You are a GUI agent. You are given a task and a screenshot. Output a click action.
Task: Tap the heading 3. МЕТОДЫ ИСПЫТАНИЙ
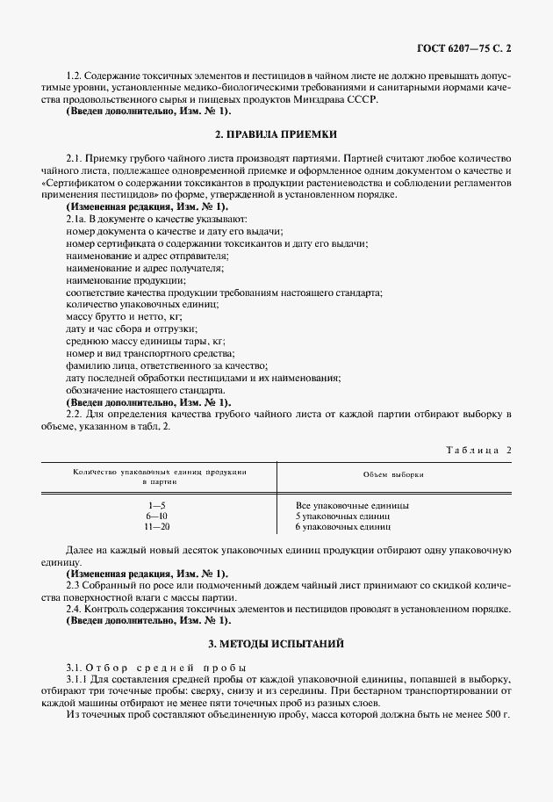pos(276,644)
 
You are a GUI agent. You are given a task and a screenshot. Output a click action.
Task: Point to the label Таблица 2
pos(479,450)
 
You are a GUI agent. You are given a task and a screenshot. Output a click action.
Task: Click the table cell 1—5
pos(158,506)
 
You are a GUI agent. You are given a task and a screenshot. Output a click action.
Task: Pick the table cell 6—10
pos(158,517)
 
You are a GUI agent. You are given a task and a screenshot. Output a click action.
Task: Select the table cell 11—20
pos(158,527)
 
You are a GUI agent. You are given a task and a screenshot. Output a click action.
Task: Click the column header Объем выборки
pos(393,473)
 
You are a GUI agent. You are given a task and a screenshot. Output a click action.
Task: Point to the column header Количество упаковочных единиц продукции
pos(159,473)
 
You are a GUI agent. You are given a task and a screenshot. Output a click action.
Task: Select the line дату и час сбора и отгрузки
pos(118,328)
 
